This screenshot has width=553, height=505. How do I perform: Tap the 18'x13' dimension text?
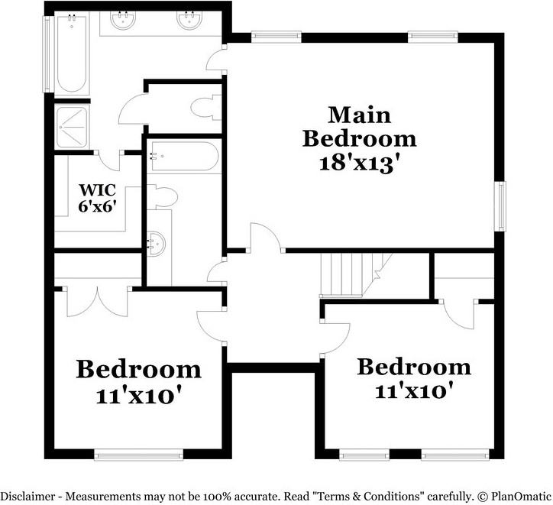pos(359,162)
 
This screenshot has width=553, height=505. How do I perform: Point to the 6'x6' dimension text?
pos(97,206)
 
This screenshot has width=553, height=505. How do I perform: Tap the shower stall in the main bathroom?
pos(73,128)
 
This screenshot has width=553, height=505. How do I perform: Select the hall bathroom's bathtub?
pos(183,156)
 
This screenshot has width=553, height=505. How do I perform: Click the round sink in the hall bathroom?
pos(156,244)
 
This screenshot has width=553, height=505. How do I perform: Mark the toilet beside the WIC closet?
pos(163,199)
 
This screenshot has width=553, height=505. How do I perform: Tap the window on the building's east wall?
pos(500,206)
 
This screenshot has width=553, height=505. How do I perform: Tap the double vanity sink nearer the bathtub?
pos(123,22)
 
